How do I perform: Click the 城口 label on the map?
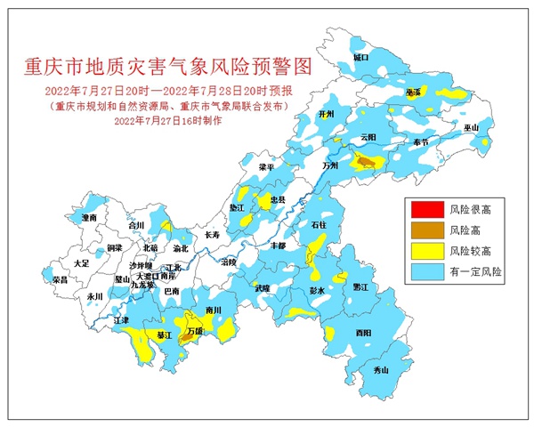pos(360,57)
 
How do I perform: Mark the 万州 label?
pos(331,165)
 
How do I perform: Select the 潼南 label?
pos(88,217)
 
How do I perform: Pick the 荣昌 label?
pos(60,279)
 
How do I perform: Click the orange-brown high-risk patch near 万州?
pos(365,161)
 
